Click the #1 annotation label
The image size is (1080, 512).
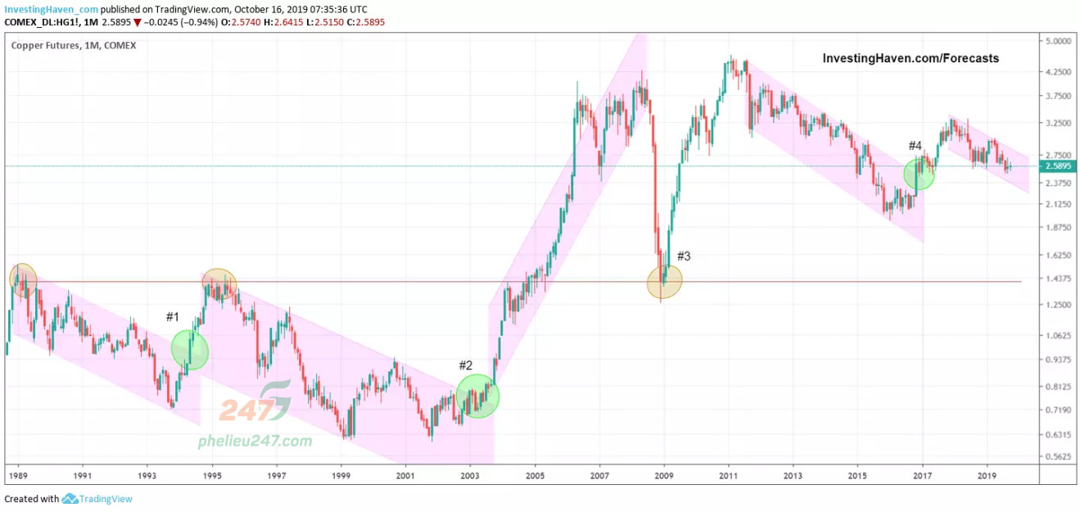point(172,317)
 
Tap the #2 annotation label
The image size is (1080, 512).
point(466,365)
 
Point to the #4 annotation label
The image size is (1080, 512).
point(915,146)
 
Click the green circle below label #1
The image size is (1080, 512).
point(190,350)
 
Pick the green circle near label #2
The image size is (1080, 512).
point(477,396)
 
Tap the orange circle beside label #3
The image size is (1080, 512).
point(664,283)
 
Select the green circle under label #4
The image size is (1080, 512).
point(920,174)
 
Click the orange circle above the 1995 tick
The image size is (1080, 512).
point(219,283)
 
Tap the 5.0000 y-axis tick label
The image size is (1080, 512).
point(1058,41)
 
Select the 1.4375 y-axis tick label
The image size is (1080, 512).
point(1058,279)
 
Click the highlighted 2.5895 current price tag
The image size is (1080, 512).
point(1057,166)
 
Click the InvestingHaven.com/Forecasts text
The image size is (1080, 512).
point(911,58)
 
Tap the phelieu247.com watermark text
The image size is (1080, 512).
point(255,442)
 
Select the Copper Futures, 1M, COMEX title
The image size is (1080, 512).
point(74,46)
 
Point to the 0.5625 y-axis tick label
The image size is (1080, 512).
point(1058,457)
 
